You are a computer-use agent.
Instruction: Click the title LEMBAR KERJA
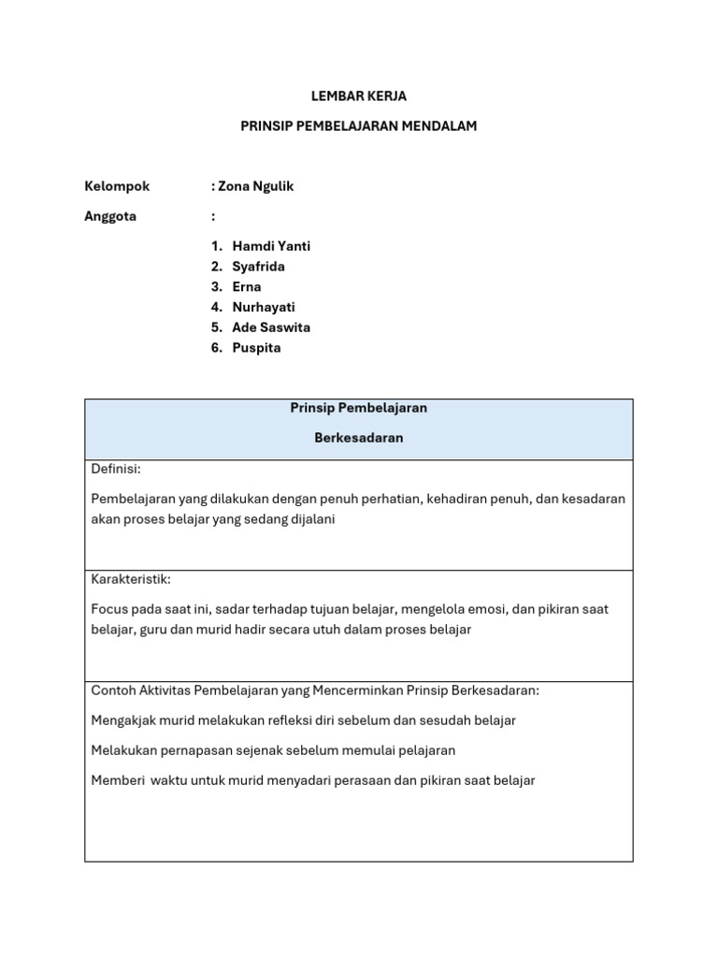[x=358, y=96]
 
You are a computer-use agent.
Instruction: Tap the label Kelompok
[x=117, y=186]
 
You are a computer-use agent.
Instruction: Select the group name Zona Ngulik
[x=255, y=186]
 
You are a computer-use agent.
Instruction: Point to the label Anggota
[x=110, y=216]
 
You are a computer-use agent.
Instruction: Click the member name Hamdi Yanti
[x=271, y=246]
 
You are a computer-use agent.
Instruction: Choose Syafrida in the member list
[x=259, y=267]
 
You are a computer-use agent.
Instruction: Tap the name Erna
[x=247, y=287]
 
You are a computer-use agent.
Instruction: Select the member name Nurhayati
[x=264, y=307]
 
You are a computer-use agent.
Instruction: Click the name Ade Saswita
[x=271, y=327]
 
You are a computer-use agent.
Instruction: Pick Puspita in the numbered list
[x=256, y=348]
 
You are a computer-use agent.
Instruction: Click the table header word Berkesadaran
[x=359, y=438]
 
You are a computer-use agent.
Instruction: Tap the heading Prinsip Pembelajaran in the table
[x=359, y=408]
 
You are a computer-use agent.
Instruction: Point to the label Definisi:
[x=116, y=469]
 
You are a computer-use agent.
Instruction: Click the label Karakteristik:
[x=131, y=579]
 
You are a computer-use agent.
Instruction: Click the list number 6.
[x=216, y=348]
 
